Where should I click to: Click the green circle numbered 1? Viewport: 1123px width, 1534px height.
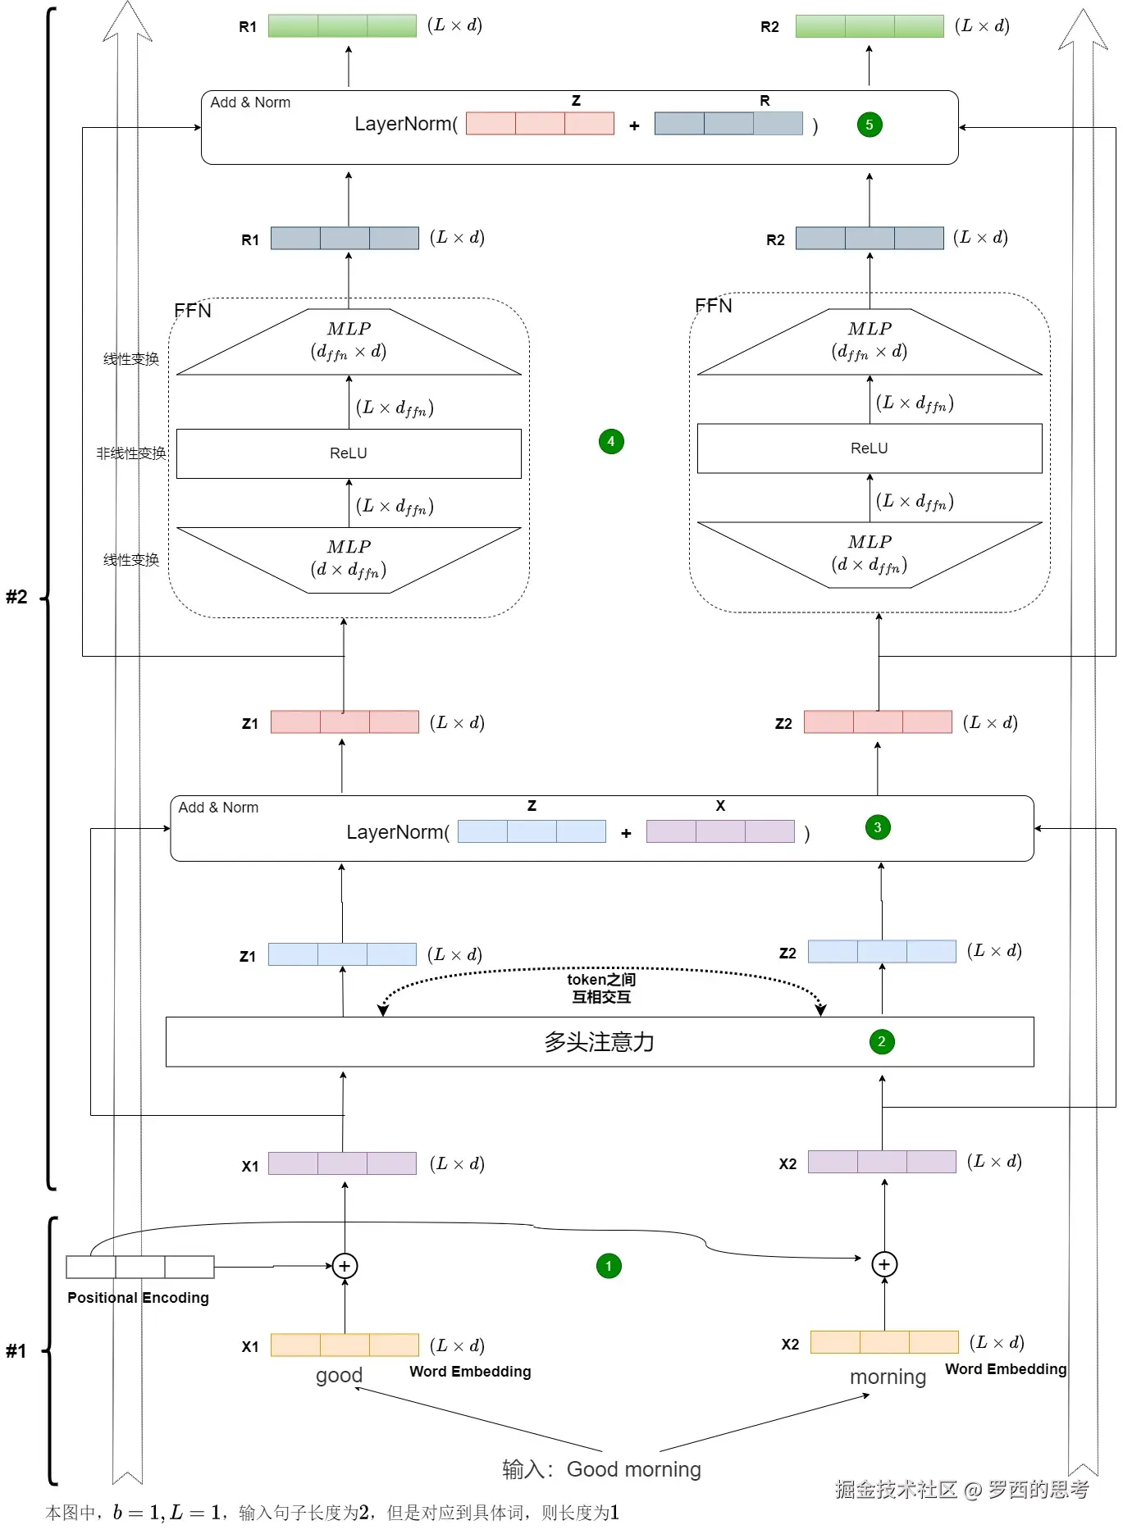(609, 1266)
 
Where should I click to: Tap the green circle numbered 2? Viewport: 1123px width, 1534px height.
(882, 1042)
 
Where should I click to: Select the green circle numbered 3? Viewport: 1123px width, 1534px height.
(878, 827)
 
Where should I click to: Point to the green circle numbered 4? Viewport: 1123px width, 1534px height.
(611, 442)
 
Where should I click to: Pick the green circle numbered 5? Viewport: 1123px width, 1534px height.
(870, 125)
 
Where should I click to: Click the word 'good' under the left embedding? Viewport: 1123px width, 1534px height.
(339, 1375)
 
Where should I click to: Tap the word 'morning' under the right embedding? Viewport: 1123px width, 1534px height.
(888, 1377)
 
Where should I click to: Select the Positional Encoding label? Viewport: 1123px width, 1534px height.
(138, 1298)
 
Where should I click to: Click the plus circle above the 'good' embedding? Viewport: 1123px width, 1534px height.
(345, 1266)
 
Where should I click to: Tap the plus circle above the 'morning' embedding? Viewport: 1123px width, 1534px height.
(884, 1264)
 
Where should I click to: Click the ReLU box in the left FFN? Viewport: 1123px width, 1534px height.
(349, 453)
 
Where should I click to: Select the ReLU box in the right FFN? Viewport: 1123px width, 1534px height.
(870, 448)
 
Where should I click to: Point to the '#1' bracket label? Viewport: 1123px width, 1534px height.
(16, 1351)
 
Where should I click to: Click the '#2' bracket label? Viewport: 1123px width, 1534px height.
(16, 597)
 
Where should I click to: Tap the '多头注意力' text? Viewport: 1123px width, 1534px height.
(599, 1042)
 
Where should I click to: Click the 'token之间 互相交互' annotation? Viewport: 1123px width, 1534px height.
(601, 988)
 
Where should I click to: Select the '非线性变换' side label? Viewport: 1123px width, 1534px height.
(131, 453)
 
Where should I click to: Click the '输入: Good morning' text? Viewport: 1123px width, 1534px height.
(601, 1469)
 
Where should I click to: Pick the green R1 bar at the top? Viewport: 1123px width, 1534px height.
(342, 26)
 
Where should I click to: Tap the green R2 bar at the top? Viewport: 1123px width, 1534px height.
(870, 26)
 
